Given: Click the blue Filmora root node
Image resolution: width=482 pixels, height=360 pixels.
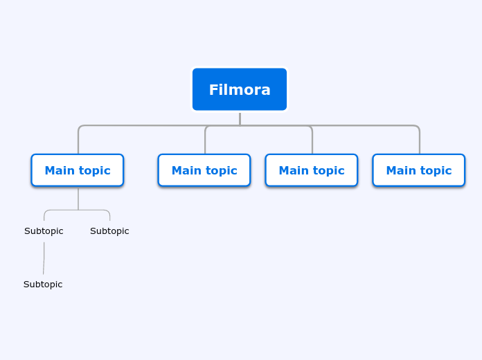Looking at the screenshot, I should pos(240,89).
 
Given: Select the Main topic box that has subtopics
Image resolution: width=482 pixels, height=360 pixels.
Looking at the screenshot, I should pos(78,170).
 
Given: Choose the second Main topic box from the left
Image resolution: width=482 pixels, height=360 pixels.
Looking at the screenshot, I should pos(204,170).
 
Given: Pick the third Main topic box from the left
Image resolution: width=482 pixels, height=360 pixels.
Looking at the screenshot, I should pos(312,170).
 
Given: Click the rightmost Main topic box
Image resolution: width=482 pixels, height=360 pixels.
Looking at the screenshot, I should pos(418,170).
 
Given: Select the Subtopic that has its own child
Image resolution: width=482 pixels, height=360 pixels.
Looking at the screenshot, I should pos(44,231).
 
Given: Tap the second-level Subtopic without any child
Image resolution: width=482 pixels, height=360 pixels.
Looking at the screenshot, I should pos(109,231).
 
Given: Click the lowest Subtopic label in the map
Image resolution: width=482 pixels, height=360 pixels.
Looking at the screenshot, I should pos(43,285).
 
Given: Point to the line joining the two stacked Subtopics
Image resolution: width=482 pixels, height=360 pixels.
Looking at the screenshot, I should pos(44,258).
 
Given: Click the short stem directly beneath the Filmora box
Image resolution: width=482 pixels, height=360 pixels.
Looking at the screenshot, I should pos(240,119).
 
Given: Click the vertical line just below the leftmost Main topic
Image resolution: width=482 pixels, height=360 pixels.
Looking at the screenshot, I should pos(78,198).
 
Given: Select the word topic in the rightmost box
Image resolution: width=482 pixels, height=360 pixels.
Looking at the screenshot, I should pos(436,170).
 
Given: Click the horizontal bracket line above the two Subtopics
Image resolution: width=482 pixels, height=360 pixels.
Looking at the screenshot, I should pos(77,210).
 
